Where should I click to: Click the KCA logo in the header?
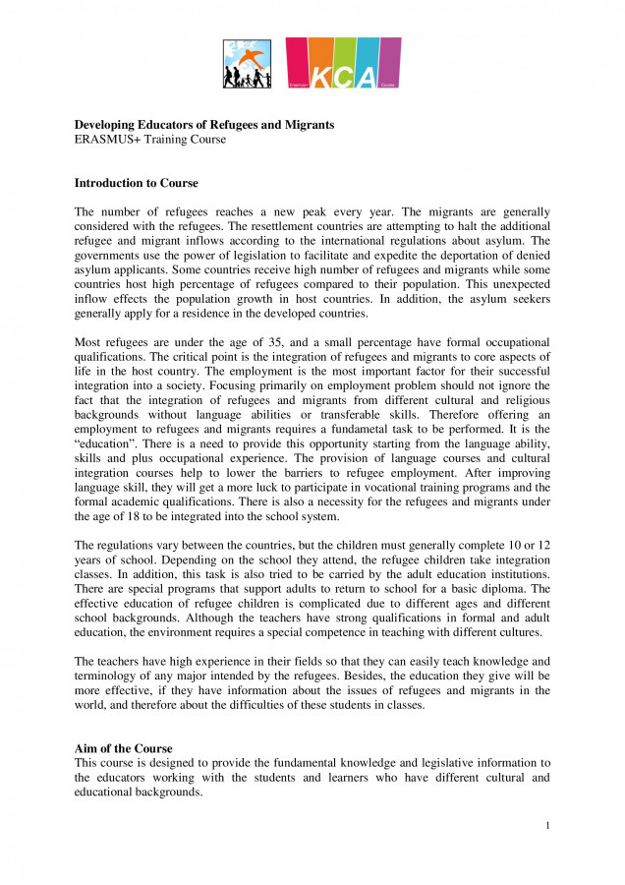coord(343,64)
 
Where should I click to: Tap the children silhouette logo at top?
coord(247,65)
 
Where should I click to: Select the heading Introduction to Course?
coord(136,183)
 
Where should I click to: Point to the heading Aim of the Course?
coord(123,748)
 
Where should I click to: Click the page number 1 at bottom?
coord(547,825)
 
